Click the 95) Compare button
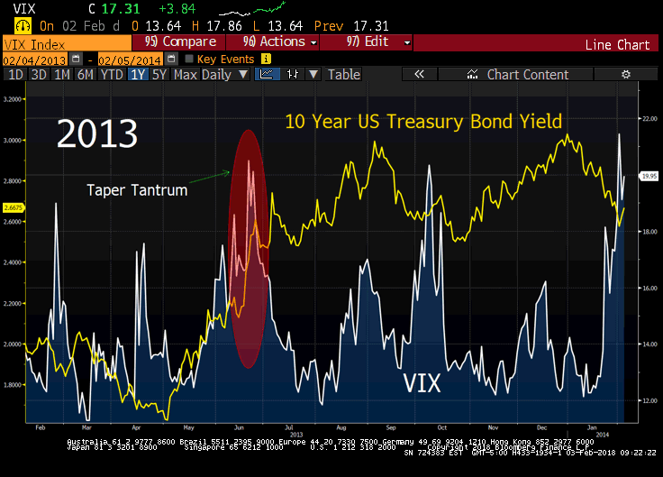pyautogui.click(x=180, y=41)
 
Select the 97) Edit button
pyautogui.click(x=372, y=41)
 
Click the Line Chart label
pyautogui.click(x=617, y=44)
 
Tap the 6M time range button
pyautogui.click(x=85, y=75)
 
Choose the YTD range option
pyautogui.click(x=112, y=75)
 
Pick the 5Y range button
pyautogui.click(x=159, y=75)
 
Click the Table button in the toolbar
pyautogui.click(x=343, y=75)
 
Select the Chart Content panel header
pyautogui.click(x=527, y=75)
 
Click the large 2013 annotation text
pyautogui.click(x=97, y=133)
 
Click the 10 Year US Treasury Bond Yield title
pyautogui.click(x=423, y=121)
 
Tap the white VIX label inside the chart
pyautogui.click(x=422, y=383)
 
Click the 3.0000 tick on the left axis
pyautogui.click(x=13, y=141)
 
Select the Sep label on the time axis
pyautogui.click(x=390, y=427)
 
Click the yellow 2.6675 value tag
pyautogui.click(x=13, y=206)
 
